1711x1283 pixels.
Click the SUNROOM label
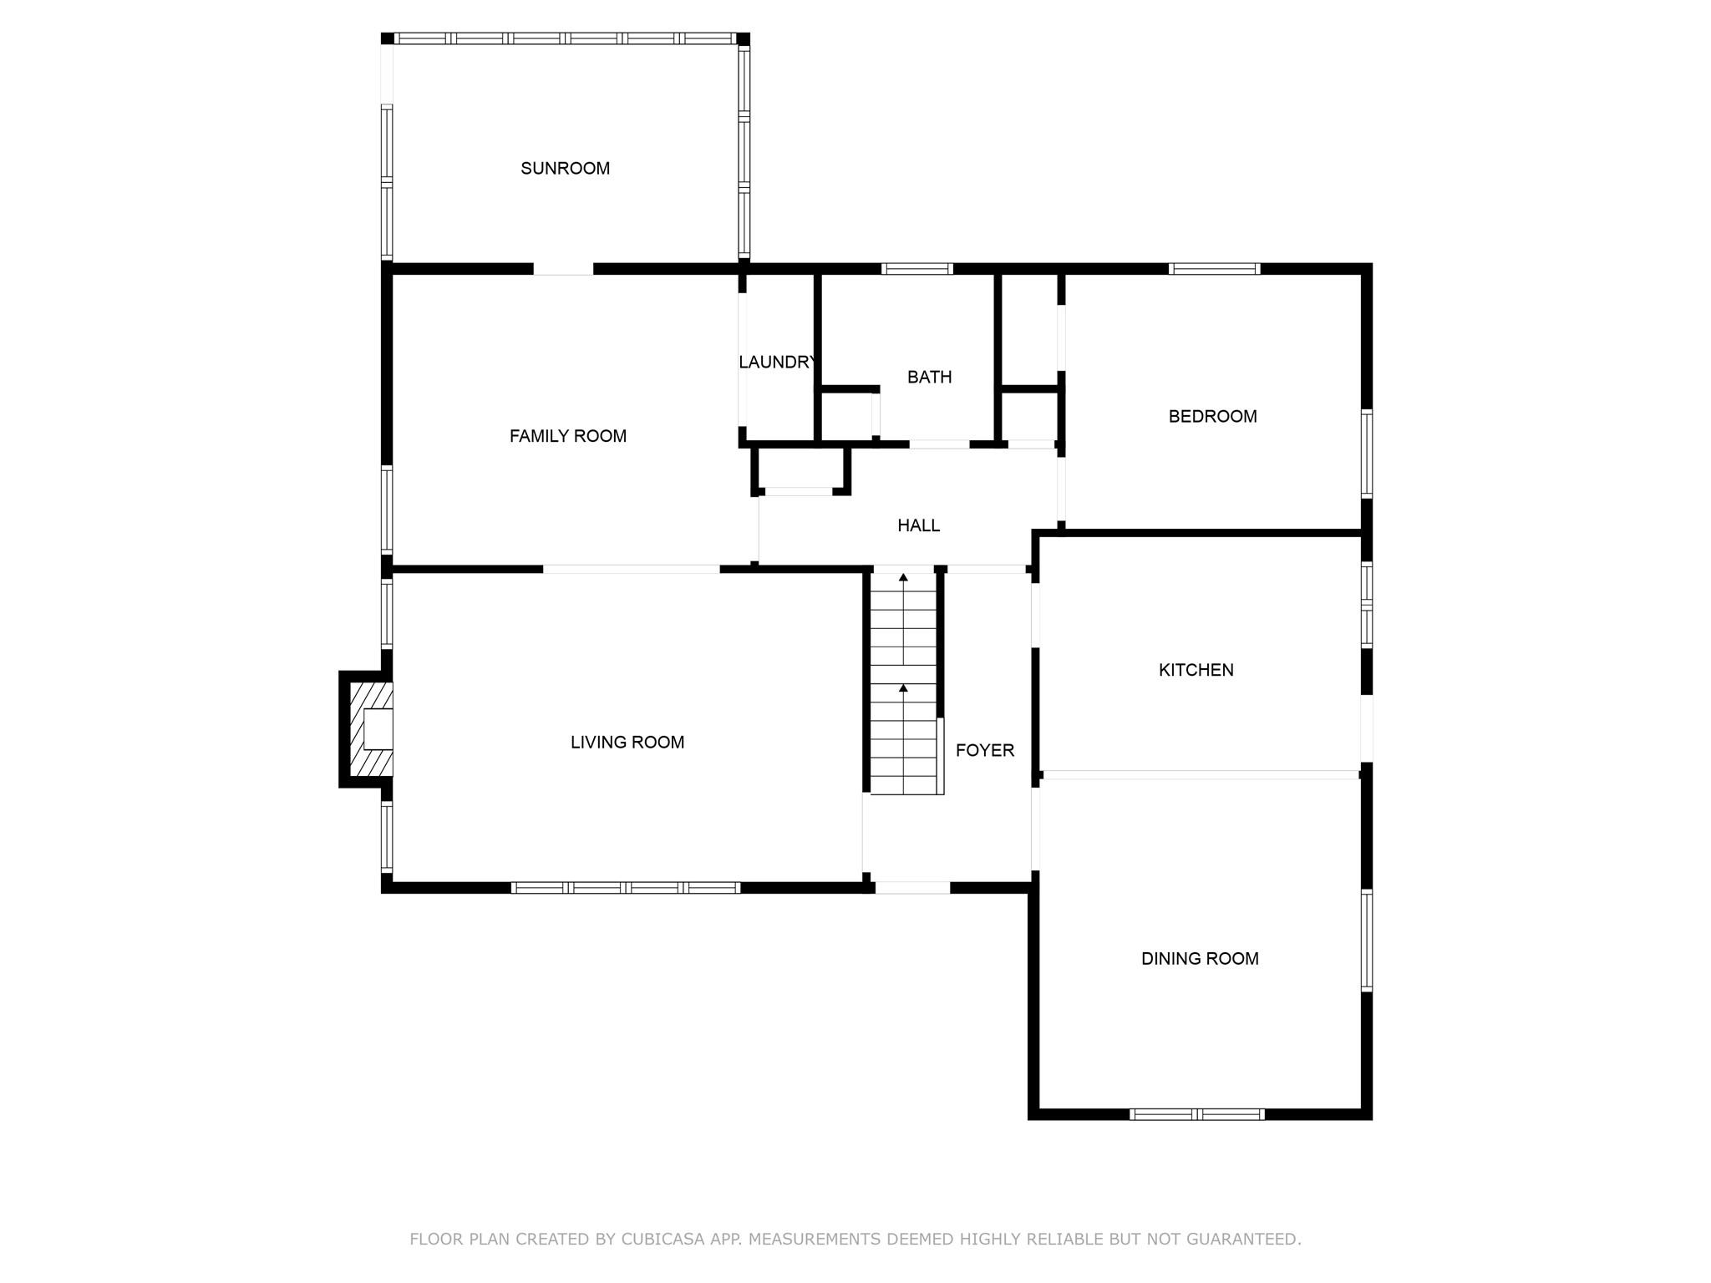click(565, 169)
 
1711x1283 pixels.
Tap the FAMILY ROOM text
click(568, 436)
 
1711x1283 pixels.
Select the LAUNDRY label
click(777, 363)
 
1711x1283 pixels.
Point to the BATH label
click(929, 378)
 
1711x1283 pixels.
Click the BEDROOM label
click(1212, 417)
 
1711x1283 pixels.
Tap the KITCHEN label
click(1196, 670)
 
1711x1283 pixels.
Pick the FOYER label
click(985, 751)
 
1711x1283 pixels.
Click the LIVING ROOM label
click(627, 743)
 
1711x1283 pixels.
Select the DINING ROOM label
click(1200, 959)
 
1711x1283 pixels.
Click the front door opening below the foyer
click(912, 888)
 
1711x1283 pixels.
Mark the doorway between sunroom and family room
click(563, 269)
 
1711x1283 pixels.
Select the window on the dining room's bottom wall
click(1197, 1114)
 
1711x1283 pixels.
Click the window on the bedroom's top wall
click(1214, 269)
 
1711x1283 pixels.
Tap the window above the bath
click(917, 269)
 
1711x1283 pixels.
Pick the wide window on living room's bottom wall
click(626, 888)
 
